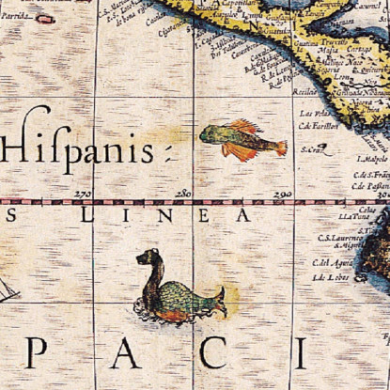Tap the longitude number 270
pyautogui.click(x=83, y=194)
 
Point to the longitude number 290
pyautogui.click(x=282, y=194)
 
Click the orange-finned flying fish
pyautogui.click(x=242, y=139)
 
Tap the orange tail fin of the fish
pyautogui.click(x=279, y=148)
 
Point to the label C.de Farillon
pyautogui.click(x=318, y=126)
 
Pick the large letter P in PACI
pyautogui.click(x=36, y=352)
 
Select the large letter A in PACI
pyautogui.click(x=125, y=352)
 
